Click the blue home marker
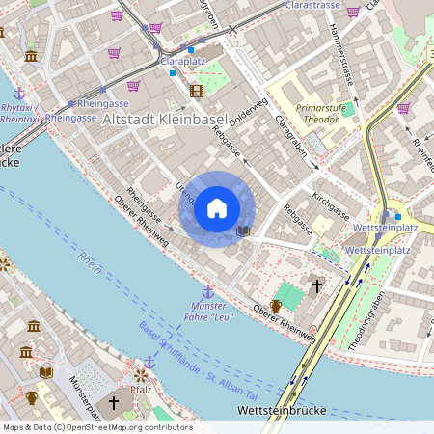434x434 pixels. tap(217, 208)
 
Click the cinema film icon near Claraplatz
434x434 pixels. tap(197, 91)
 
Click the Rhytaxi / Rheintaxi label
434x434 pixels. tap(19, 114)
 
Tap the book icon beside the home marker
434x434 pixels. tap(243, 231)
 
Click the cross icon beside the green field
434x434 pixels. tap(317, 285)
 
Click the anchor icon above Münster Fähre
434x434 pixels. tap(207, 291)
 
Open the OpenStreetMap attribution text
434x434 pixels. tap(97, 426)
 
